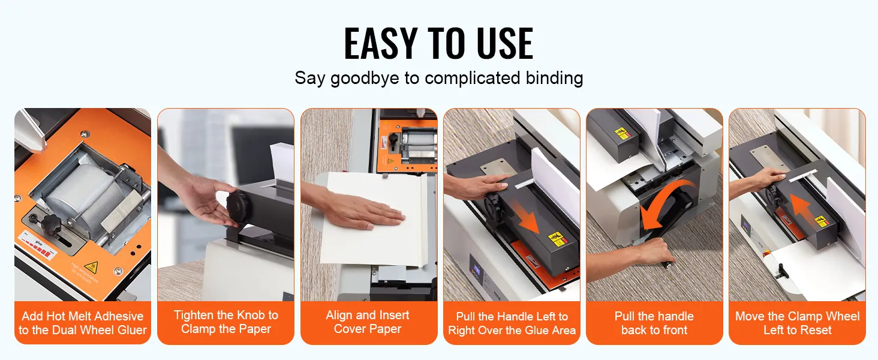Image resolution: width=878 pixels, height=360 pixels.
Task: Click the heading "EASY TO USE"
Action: (x=438, y=43)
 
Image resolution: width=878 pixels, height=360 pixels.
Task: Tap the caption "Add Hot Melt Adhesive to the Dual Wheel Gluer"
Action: (x=83, y=323)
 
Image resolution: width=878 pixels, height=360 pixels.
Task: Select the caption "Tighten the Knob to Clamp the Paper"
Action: (x=225, y=322)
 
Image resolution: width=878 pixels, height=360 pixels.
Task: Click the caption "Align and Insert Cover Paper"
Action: (x=368, y=322)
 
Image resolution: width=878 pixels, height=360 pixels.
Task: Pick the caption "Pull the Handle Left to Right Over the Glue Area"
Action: (x=512, y=323)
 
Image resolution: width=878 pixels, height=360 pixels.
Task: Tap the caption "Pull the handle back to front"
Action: (x=654, y=323)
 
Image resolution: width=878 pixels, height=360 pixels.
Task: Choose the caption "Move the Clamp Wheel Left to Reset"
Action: (x=797, y=323)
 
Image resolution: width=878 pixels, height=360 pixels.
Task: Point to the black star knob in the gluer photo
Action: (x=51, y=223)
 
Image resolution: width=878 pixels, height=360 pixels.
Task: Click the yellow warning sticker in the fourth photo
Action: (x=556, y=239)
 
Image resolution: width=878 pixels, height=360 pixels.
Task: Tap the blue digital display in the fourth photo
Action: (x=477, y=269)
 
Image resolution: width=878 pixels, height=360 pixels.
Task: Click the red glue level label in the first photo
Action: (x=38, y=245)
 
